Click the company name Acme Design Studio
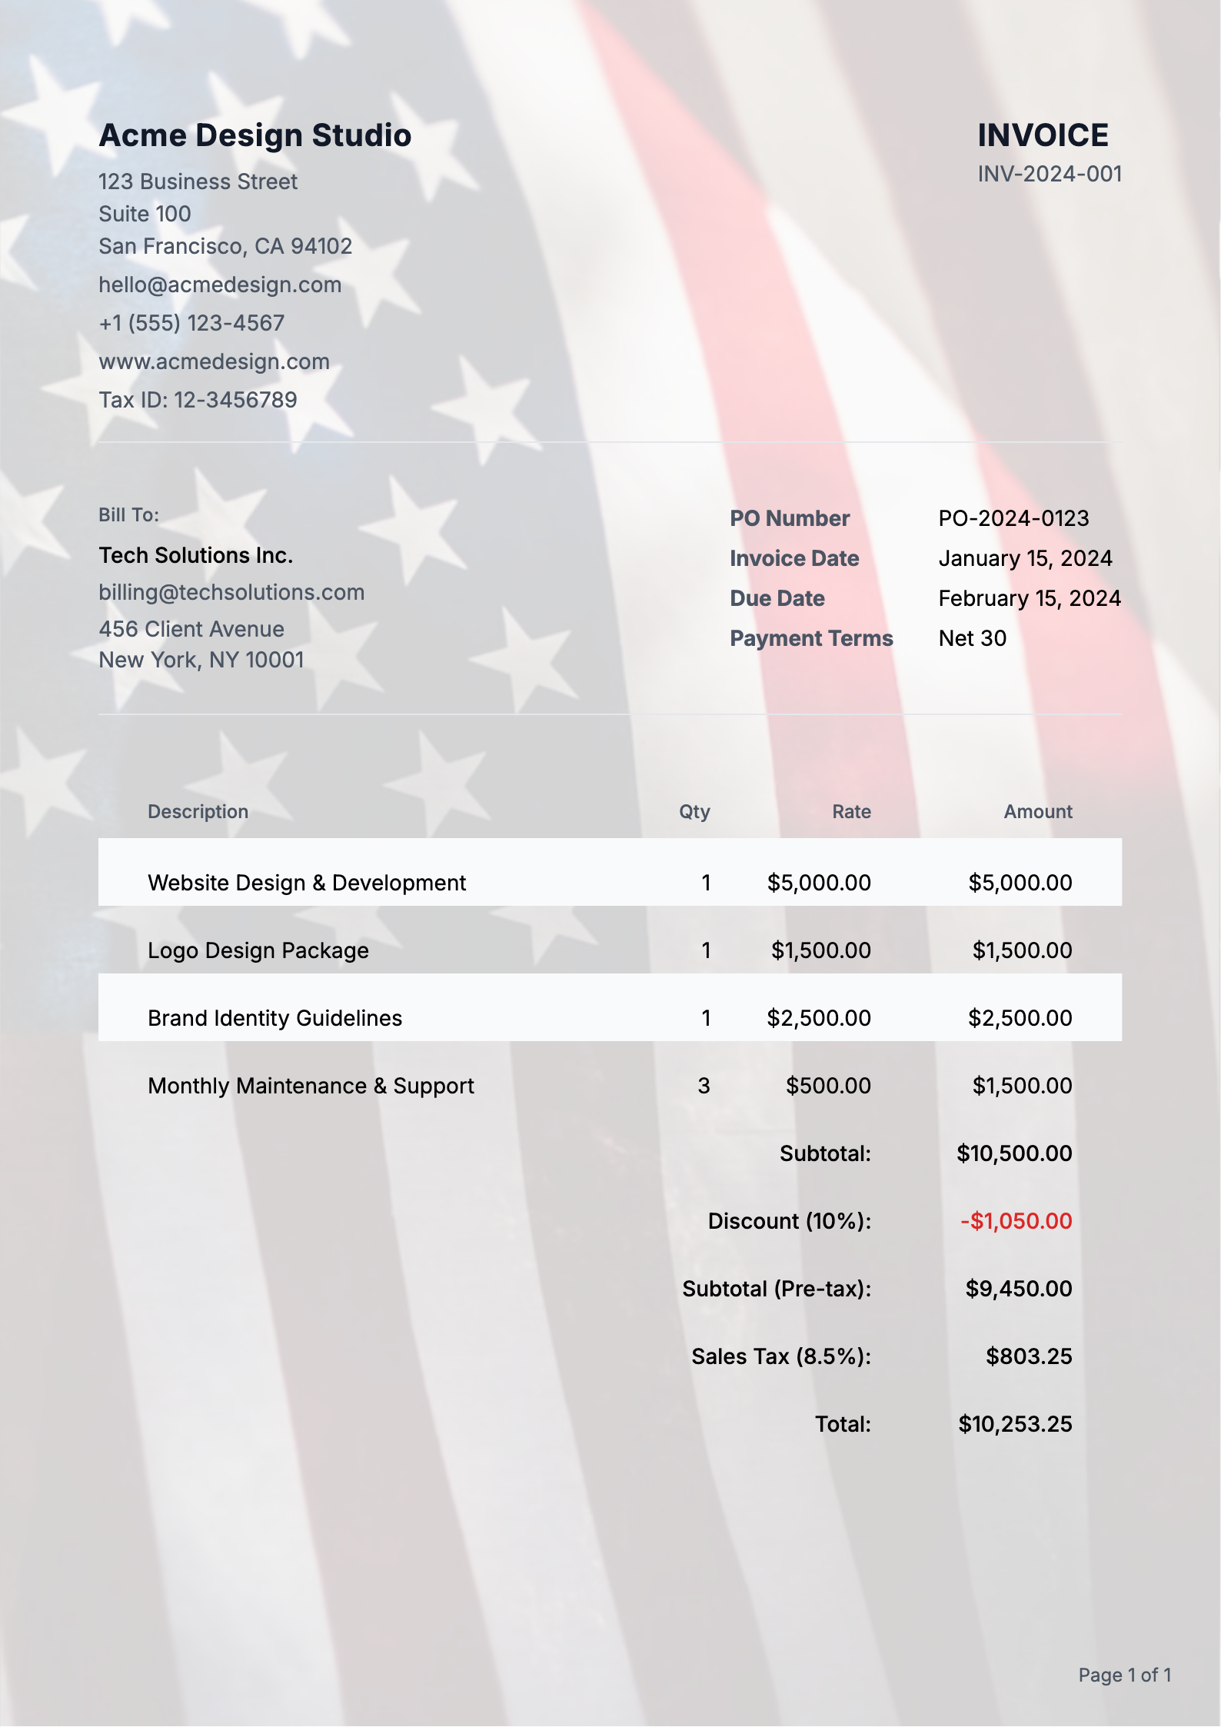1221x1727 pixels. (255, 135)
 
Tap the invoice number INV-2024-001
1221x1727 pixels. (1049, 175)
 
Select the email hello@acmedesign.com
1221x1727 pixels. (220, 285)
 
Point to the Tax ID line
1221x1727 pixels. (198, 400)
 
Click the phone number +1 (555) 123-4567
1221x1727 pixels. (191, 323)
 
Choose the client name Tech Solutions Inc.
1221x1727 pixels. (195, 555)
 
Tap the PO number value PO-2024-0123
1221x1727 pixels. (1013, 518)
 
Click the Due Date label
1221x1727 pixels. (777, 598)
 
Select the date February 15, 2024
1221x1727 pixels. (1029, 598)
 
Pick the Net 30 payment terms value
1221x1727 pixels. (972, 638)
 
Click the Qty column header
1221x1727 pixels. (694, 812)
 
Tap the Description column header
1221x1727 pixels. (198, 812)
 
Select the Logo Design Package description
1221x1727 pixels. (258, 950)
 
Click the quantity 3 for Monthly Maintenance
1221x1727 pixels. (704, 1086)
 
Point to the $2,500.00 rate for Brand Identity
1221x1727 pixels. (818, 1018)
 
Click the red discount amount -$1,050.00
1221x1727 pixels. (1016, 1221)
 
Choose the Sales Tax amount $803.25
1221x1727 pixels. (1028, 1356)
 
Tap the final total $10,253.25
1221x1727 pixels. (1014, 1424)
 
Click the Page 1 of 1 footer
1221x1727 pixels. (1124, 1675)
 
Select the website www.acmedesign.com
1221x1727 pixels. (214, 361)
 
